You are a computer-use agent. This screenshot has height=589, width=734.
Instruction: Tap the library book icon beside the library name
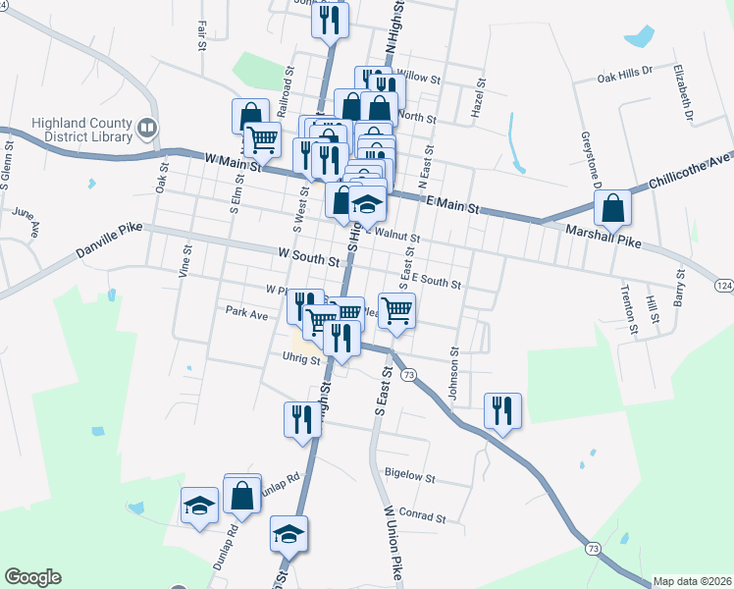click(x=147, y=127)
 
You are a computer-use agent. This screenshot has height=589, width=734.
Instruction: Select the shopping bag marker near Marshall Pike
click(x=612, y=209)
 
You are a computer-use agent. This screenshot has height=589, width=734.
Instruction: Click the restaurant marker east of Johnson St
click(x=502, y=410)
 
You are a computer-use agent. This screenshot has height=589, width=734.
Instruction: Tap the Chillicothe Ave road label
click(x=691, y=171)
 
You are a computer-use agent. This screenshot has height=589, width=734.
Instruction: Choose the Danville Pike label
click(x=109, y=242)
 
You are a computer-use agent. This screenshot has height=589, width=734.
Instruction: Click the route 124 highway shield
click(x=723, y=285)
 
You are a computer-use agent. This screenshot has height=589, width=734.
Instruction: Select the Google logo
click(x=32, y=577)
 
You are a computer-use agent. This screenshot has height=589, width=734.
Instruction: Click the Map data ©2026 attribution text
click(x=691, y=581)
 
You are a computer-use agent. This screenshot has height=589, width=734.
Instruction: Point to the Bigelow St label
click(x=410, y=476)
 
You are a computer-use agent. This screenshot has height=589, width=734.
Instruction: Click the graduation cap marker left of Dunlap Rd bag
click(x=199, y=506)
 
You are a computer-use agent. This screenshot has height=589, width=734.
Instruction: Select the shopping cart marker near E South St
click(x=396, y=311)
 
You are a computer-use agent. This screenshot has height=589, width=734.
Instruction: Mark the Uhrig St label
click(x=301, y=359)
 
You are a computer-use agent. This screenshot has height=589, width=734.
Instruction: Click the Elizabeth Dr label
click(x=683, y=91)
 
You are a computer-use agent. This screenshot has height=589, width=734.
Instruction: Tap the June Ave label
click(x=26, y=221)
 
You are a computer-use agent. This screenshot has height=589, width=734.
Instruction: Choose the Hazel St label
click(x=480, y=98)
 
